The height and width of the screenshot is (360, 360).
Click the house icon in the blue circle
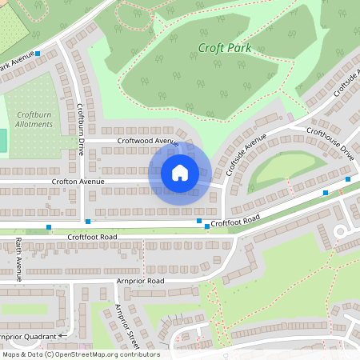click(x=180, y=173)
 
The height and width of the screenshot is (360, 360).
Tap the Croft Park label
click(x=225, y=48)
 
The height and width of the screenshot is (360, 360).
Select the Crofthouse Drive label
click(x=330, y=142)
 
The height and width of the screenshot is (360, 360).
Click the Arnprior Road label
click(x=139, y=281)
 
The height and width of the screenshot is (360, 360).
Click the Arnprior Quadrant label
click(x=29, y=337)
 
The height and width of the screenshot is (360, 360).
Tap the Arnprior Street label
click(x=127, y=328)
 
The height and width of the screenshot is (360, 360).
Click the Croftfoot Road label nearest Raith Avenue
click(x=92, y=237)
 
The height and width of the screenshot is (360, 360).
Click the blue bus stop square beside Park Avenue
click(x=38, y=54)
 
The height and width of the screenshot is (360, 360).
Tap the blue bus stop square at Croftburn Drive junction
click(x=88, y=221)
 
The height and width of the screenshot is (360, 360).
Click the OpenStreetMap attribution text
click(x=80, y=354)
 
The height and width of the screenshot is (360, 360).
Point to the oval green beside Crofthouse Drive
click(x=283, y=168)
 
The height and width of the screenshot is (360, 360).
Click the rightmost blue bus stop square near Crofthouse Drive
click(x=347, y=180)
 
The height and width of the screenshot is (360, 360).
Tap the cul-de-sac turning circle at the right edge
click(x=346, y=232)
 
